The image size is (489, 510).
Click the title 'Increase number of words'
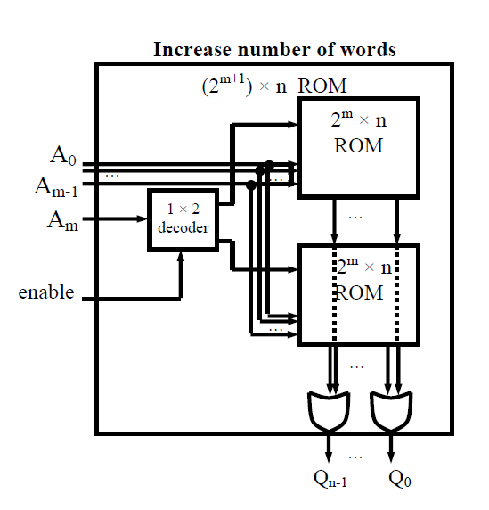point(274,50)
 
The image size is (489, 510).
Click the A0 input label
point(63,155)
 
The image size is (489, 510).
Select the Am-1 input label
point(56,187)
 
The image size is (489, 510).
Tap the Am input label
point(63,221)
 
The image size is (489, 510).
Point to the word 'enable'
point(46,292)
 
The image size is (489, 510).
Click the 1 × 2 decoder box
point(183,220)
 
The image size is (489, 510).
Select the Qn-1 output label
point(330,479)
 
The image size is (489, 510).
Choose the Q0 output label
point(400,479)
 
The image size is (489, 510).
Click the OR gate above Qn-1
point(329,412)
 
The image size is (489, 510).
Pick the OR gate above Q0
point(391,412)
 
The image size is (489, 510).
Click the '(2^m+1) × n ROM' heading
point(274,86)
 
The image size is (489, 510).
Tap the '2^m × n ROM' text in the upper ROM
point(359,132)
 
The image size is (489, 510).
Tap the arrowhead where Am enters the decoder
point(143,219)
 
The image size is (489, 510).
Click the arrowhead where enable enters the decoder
point(181,257)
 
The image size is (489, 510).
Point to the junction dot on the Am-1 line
point(251,185)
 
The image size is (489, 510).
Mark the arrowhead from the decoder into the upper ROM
point(293,124)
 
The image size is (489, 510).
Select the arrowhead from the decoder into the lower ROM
point(293,269)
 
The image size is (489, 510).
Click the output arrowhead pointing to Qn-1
point(329,457)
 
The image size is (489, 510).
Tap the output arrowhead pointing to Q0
point(391,457)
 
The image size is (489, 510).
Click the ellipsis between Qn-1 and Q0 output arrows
point(355,457)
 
